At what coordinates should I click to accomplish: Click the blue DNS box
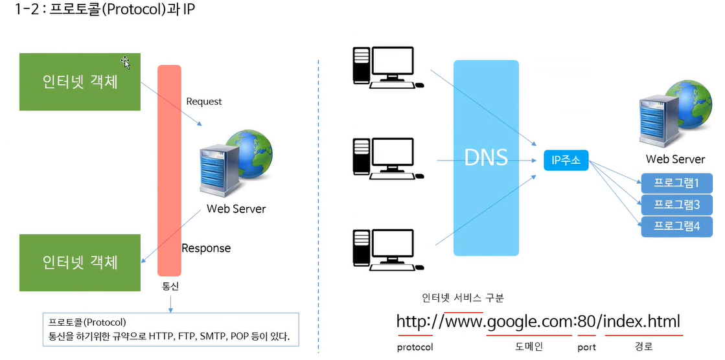click(486, 157)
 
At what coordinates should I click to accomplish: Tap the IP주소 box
click(566, 159)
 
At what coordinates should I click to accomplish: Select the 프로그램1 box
click(676, 183)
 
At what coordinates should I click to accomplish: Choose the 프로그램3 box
click(676, 205)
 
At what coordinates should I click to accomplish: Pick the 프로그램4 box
click(676, 227)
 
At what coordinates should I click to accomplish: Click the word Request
click(203, 102)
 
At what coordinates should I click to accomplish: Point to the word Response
click(206, 248)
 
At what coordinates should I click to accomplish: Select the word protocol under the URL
click(415, 347)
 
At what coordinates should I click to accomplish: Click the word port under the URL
click(586, 347)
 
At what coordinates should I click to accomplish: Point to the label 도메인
click(529, 346)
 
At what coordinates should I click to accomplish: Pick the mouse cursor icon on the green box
click(126, 62)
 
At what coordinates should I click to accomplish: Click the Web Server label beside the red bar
click(236, 209)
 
